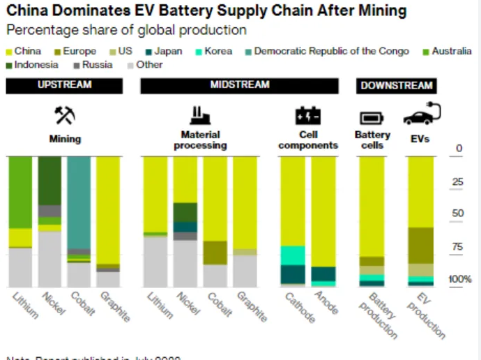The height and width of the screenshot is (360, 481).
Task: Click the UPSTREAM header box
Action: coord(64,85)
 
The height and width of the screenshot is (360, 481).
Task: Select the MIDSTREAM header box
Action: coord(239,85)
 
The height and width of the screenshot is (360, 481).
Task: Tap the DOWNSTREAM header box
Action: coord(396,86)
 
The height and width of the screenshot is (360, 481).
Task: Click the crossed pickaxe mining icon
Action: coord(65,115)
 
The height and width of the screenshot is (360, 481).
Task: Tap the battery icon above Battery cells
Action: coord(371,118)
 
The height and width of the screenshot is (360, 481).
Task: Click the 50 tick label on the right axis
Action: coord(457,213)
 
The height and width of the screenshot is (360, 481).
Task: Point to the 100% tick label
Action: coord(460,280)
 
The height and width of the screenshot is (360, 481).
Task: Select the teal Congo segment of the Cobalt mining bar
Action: coord(79,202)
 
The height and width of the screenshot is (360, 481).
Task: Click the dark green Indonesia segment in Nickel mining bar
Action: coord(49,181)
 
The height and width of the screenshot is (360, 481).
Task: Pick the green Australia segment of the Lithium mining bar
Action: coord(20,192)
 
